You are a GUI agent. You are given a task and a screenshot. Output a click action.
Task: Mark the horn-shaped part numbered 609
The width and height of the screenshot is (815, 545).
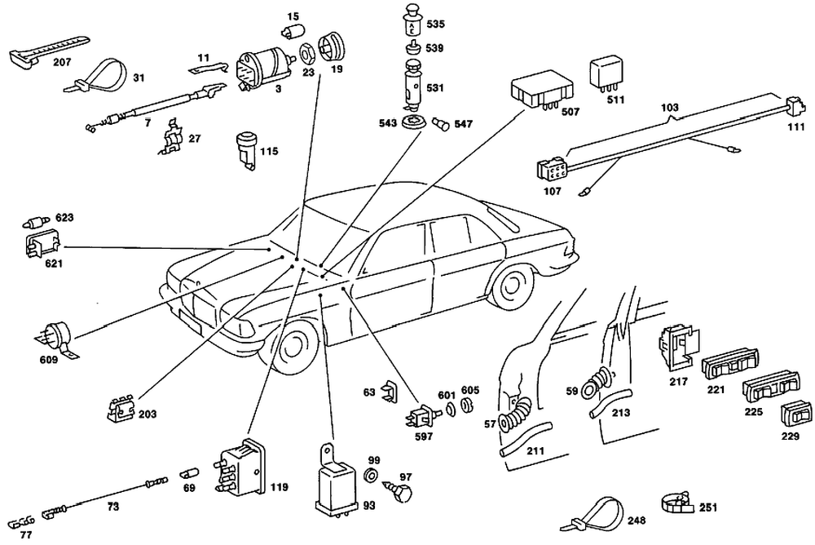pyautogui.click(x=56, y=334)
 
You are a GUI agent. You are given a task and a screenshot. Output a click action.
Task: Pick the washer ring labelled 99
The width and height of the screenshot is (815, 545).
pyautogui.click(x=368, y=476)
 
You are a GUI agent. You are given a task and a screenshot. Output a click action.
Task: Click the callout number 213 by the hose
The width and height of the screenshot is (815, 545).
pyautogui.click(x=621, y=412)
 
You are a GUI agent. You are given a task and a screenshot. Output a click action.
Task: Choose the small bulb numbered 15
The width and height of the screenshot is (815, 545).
pyautogui.click(x=288, y=33)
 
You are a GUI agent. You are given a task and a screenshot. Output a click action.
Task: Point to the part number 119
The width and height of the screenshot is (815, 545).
pyautogui.click(x=279, y=488)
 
